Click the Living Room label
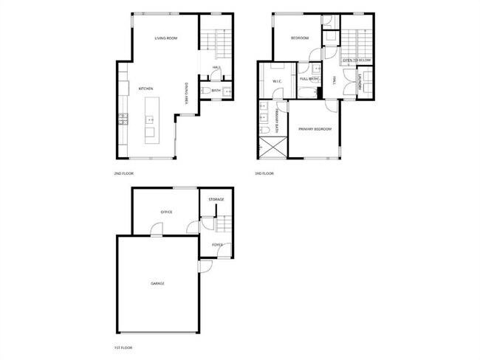[166, 38]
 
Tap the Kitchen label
[145, 89]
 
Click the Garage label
[157, 283]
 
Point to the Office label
[166, 212]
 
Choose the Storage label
[216, 199]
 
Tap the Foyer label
[217, 244]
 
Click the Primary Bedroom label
[315, 129]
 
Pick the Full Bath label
[309, 79]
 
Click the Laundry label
[360, 83]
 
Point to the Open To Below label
[355, 60]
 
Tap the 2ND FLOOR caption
[123, 173]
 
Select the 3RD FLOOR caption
[264, 173]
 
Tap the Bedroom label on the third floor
[299, 38]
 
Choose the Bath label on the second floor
[216, 90]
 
